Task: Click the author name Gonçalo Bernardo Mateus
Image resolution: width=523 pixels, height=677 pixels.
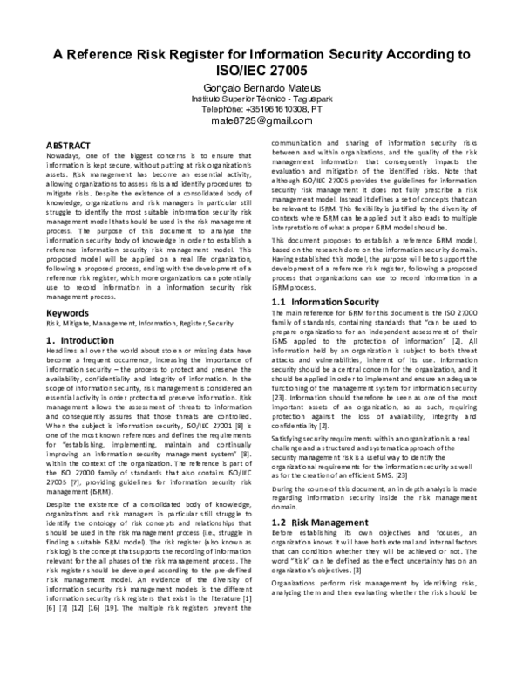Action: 261,88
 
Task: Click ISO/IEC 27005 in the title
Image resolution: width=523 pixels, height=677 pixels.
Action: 261,69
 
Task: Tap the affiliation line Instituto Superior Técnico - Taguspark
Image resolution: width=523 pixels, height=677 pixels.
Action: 261,99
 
